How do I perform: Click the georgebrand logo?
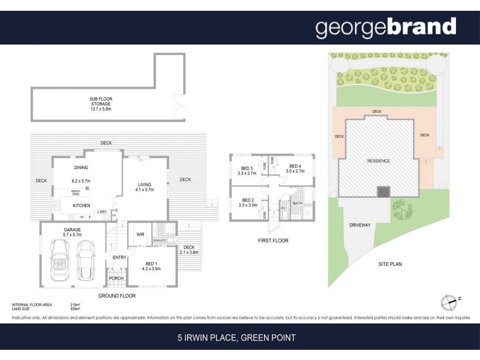(x=386, y=27)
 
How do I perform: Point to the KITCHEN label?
(x=82, y=206)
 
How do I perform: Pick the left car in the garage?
(x=61, y=258)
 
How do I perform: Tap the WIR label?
(x=140, y=235)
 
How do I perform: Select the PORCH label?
(x=115, y=278)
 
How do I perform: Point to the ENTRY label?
(x=119, y=258)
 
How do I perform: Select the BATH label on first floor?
(x=298, y=203)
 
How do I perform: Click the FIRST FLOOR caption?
(x=273, y=241)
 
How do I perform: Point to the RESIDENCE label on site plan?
(x=379, y=161)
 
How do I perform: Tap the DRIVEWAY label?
(x=360, y=225)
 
